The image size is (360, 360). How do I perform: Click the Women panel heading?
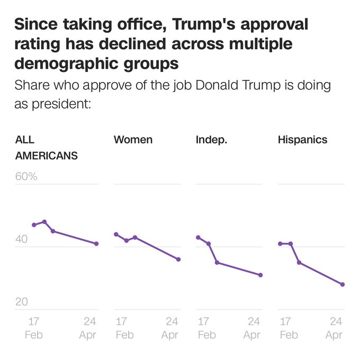(x=133, y=140)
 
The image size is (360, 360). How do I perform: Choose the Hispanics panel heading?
(x=302, y=140)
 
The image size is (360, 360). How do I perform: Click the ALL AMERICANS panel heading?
(x=47, y=148)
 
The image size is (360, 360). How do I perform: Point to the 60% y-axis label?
(x=26, y=176)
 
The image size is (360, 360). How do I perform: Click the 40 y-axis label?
(x=21, y=239)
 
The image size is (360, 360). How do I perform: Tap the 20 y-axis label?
(x=21, y=302)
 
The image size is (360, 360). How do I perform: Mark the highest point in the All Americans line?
(x=44, y=222)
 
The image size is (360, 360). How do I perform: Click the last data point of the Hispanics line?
(x=343, y=284)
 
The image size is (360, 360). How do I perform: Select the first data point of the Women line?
(x=116, y=234)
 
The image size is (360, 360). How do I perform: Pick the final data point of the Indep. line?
(x=260, y=275)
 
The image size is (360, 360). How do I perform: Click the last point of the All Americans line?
(x=96, y=244)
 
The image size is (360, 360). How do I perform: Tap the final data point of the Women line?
(x=178, y=259)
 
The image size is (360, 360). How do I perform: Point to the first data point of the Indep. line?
(x=198, y=237)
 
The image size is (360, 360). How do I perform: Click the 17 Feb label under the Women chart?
(x=124, y=328)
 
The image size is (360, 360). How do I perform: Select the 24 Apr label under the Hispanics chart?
(x=334, y=328)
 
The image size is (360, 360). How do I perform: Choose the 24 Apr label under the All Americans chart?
(x=88, y=328)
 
